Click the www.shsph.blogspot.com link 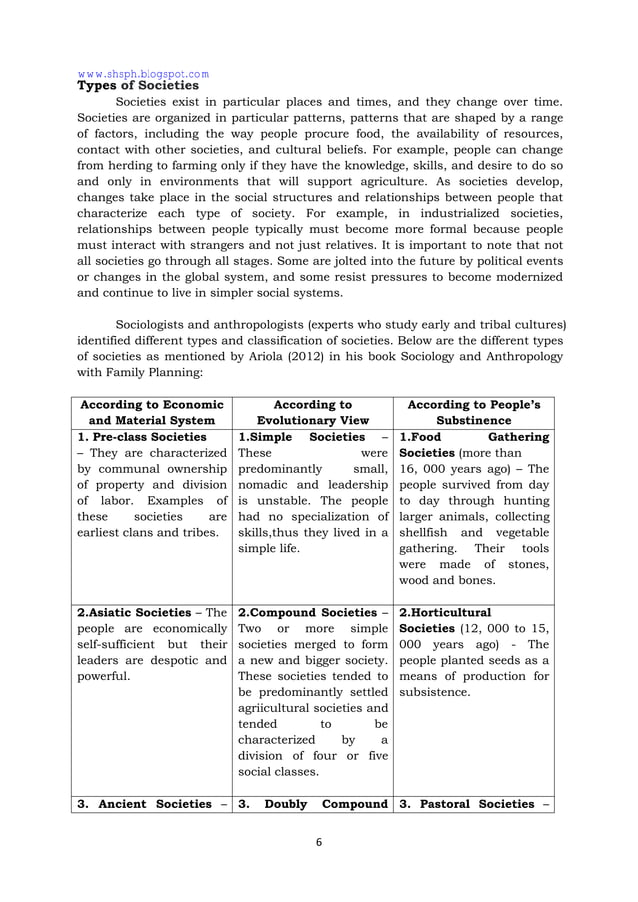click(x=143, y=73)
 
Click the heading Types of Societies click(x=138, y=86)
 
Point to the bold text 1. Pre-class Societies click(x=142, y=437)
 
